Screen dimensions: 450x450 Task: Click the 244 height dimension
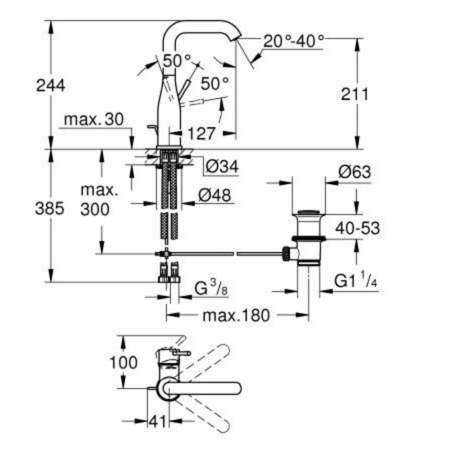(51, 85)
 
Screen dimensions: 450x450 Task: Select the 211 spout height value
(355, 95)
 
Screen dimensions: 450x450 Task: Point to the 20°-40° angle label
(293, 41)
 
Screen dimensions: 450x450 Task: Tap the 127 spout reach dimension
(200, 133)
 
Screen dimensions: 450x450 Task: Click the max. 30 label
(93, 120)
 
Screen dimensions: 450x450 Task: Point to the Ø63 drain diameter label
(354, 172)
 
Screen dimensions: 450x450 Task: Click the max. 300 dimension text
(95, 200)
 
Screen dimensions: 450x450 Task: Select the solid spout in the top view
(204, 387)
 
